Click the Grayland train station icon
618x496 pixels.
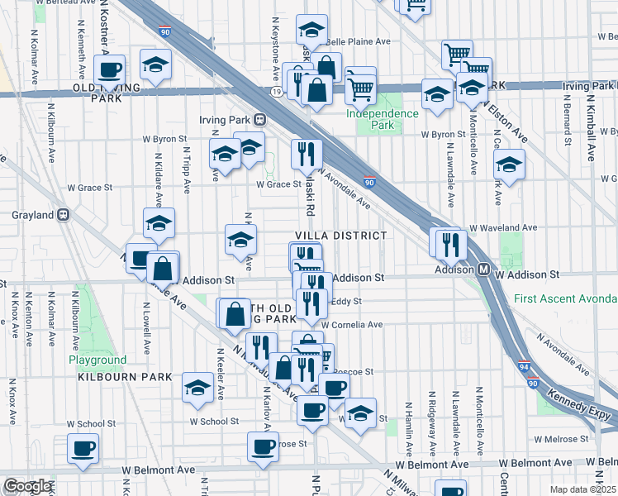click(x=62, y=216)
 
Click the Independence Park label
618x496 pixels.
click(x=382, y=119)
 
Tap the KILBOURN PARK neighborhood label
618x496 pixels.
click(x=125, y=377)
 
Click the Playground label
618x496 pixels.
click(x=97, y=360)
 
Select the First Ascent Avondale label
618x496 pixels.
click(x=565, y=298)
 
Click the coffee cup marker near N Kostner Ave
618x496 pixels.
click(x=108, y=69)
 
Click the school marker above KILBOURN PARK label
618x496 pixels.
click(x=197, y=388)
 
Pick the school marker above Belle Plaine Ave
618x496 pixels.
click(x=312, y=30)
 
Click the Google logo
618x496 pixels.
click(x=27, y=486)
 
